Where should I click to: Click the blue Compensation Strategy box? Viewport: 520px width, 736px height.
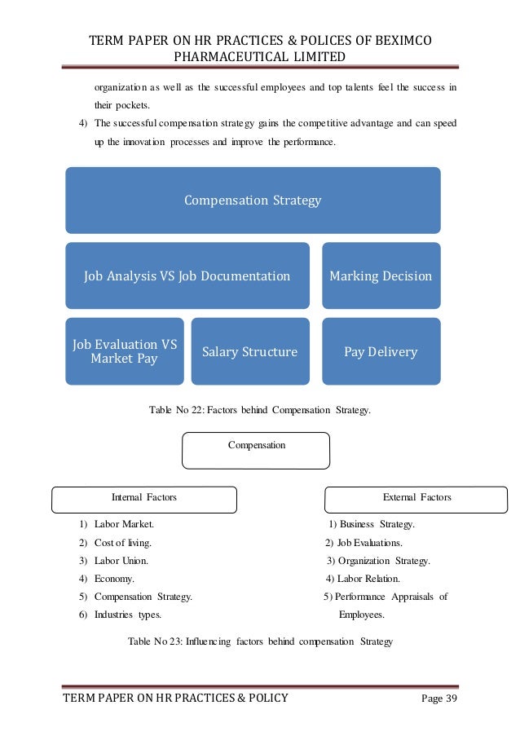pos(253,201)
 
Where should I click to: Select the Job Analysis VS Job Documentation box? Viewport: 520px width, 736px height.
pos(187,276)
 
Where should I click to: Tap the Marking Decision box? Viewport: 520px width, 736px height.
pos(381,276)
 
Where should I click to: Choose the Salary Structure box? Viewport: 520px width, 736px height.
pos(250,352)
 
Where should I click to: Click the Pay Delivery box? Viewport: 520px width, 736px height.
pos(381,352)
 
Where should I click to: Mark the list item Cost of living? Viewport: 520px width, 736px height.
pos(122,543)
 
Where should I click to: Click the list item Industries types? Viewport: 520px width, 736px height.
pos(127,615)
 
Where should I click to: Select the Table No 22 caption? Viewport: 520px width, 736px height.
pos(260,409)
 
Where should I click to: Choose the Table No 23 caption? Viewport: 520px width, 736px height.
pos(261,641)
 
